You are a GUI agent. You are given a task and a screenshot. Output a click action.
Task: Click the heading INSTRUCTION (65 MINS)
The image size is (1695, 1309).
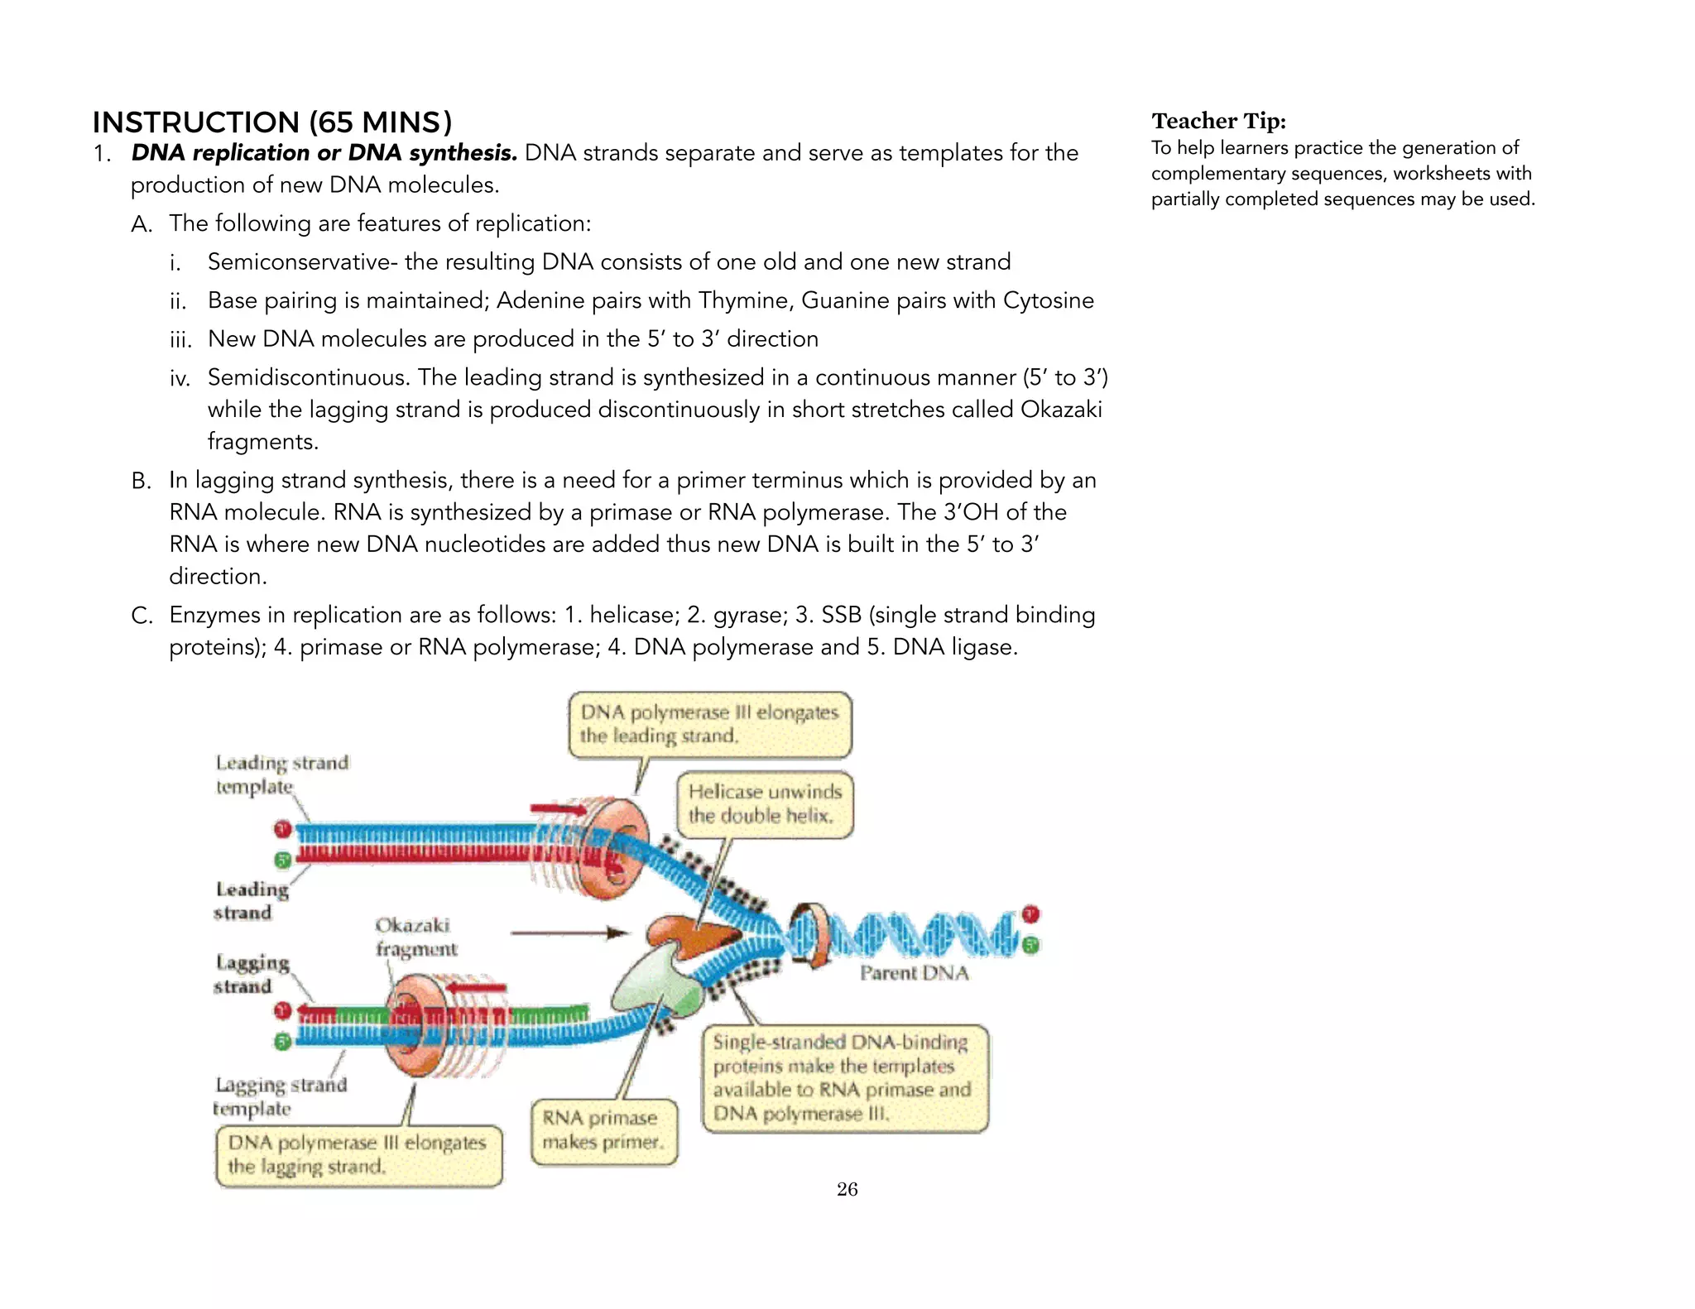coord(271,122)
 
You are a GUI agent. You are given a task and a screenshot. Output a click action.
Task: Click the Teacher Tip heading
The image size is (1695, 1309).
coord(1218,122)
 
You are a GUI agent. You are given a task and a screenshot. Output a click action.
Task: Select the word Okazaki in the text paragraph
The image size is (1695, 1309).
coord(1060,410)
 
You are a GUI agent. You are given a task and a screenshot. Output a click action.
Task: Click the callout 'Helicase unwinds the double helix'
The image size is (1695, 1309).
coord(764,803)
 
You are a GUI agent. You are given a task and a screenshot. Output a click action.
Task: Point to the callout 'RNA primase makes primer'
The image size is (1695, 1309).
coord(603,1130)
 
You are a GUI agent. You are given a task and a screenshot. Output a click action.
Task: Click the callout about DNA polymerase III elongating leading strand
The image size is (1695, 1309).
coord(708,724)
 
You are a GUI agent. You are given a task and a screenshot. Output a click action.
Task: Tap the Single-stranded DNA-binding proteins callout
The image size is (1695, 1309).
coord(844,1077)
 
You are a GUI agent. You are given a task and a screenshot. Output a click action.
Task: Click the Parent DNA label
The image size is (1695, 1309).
coord(914,973)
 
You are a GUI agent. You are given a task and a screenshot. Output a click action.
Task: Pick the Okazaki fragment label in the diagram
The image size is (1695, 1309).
coord(415,937)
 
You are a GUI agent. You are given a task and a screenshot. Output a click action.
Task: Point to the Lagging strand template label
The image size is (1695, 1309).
coord(279,1096)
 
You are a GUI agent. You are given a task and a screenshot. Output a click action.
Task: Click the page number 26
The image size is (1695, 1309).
coord(847,1189)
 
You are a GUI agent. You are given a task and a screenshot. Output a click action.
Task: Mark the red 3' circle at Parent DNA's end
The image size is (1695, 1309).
coord(1030,914)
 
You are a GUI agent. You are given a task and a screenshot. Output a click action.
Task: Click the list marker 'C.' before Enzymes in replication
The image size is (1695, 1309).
coord(142,616)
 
